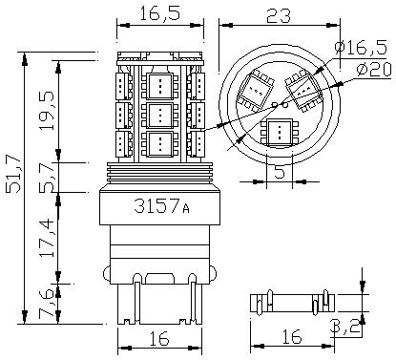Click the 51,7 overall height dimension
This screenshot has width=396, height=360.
13,173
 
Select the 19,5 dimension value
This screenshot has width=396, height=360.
47,111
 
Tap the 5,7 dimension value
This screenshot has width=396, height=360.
47,179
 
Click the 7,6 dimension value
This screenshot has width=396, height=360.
47,303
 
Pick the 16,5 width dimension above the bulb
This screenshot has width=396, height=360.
160,13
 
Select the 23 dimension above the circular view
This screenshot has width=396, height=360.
279,15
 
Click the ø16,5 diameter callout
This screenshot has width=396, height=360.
361,48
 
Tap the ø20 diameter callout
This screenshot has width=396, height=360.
374,69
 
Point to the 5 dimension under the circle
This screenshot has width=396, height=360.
279,172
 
